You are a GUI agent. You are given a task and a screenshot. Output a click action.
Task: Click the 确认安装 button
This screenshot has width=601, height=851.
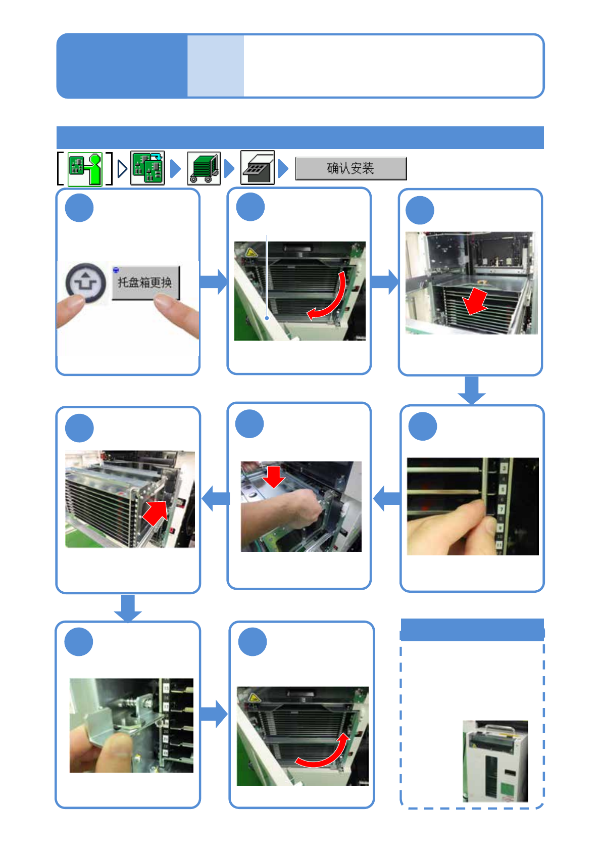point(350,168)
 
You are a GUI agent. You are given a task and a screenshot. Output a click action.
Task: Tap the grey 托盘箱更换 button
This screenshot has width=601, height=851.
point(145,282)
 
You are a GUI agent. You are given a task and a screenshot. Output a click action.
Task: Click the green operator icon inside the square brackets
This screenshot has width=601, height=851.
point(85,169)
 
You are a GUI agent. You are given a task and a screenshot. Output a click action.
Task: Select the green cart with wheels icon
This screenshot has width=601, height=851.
point(204,168)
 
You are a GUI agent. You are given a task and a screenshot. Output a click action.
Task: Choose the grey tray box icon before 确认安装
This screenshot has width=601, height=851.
point(258,168)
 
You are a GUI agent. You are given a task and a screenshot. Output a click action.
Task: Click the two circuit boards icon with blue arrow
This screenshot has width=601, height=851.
point(147,168)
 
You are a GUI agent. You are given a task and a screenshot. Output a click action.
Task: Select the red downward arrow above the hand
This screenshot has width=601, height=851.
point(274,476)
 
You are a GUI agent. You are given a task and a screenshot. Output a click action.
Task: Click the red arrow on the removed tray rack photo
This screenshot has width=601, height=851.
point(156,513)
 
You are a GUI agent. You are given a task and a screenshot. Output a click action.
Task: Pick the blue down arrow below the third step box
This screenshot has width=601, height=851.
point(472,390)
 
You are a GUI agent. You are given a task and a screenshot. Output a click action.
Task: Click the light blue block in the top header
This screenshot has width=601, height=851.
point(216,66)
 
